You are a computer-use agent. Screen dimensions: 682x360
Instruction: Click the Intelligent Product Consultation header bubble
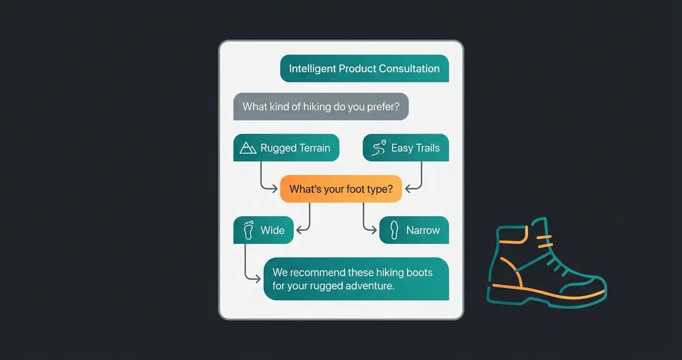click(364, 68)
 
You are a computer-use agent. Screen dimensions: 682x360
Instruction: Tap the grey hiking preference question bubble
click(321, 106)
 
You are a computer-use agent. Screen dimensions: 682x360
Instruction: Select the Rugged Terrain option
click(286, 147)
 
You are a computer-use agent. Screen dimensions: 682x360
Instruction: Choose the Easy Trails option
click(406, 147)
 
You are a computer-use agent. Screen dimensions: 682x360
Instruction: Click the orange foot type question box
click(341, 189)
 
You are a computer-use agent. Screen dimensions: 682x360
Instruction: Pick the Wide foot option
click(263, 230)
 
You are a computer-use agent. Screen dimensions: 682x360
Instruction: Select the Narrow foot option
click(414, 230)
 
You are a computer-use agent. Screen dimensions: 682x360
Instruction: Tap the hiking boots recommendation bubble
click(356, 279)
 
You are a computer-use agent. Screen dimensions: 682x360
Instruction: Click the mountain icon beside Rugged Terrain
click(248, 148)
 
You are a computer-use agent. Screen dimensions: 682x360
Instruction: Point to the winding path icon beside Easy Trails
click(379, 147)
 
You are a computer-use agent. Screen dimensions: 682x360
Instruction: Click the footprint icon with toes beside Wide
click(249, 230)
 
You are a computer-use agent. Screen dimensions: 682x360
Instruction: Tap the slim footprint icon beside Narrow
click(394, 230)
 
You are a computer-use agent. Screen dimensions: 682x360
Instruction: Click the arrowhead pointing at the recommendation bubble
click(258, 279)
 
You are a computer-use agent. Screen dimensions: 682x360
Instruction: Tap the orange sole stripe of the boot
click(548, 292)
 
